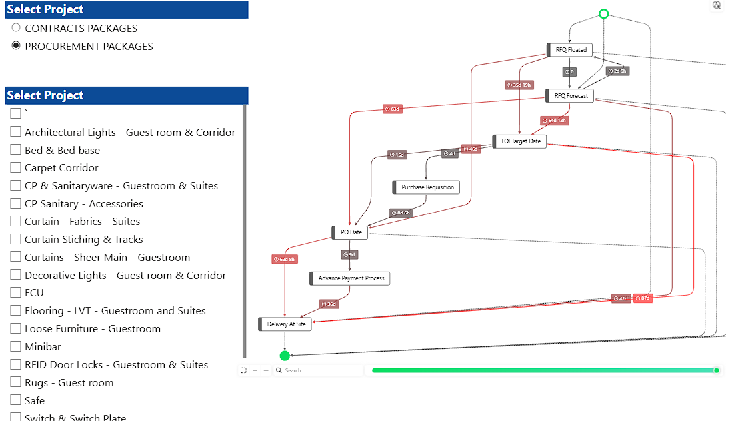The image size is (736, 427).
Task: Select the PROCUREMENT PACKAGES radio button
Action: (x=16, y=46)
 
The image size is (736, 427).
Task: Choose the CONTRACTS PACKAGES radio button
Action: (x=16, y=28)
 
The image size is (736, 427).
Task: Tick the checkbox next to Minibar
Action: (x=16, y=346)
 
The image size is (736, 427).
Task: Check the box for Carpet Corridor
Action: (x=16, y=168)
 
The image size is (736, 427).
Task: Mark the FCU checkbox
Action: (x=16, y=292)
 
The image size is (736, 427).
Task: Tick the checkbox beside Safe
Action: (x=16, y=400)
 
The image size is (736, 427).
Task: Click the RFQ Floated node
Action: (x=571, y=50)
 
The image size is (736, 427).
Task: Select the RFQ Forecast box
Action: (x=571, y=96)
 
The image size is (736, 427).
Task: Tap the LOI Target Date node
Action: (x=521, y=141)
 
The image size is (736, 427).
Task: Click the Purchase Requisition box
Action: (x=427, y=187)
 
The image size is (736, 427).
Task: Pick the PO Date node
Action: (x=351, y=232)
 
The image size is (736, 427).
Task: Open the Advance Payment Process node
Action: (x=351, y=278)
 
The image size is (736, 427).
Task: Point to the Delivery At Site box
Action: (x=286, y=324)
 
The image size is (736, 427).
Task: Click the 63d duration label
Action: (x=393, y=109)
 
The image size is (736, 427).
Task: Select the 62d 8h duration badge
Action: (x=285, y=259)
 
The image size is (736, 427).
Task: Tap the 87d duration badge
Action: (x=643, y=298)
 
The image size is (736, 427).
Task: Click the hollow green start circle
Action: (x=603, y=14)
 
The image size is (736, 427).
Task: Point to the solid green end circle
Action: (x=285, y=356)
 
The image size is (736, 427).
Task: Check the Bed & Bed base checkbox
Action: (x=16, y=150)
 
